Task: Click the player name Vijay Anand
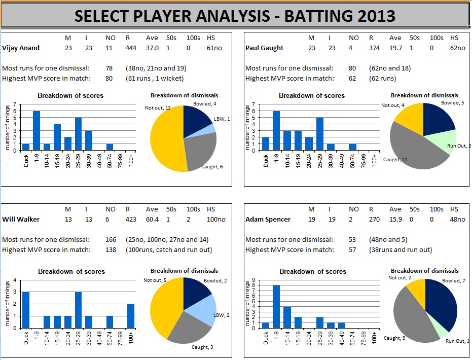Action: pos(21,48)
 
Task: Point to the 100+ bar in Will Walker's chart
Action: pos(131,316)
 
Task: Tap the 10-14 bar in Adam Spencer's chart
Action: pos(286,317)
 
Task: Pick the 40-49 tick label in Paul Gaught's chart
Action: pos(342,161)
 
